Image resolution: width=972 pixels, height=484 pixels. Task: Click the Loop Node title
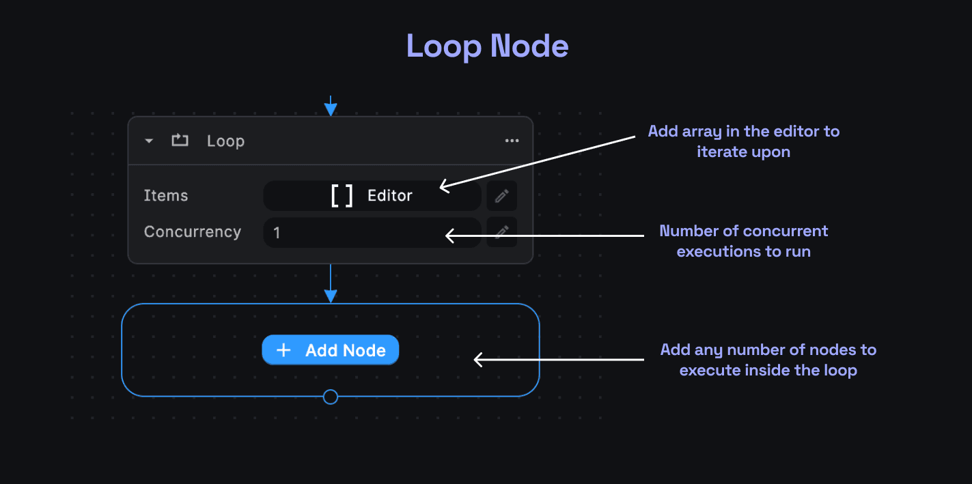point(487,46)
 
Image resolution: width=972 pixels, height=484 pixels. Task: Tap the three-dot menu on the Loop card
point(512,141)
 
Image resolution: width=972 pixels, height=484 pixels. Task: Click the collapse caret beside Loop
point(149,141)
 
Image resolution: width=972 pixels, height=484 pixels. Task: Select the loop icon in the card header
point(180,141)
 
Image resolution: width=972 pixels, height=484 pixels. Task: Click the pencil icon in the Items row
point(501,196)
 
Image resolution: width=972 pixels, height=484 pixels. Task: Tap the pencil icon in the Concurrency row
point(501,232)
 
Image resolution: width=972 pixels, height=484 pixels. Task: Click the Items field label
point(166,196)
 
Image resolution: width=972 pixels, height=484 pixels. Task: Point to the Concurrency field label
point(192,232)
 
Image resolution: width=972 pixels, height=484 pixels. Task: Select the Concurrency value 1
point(277,233)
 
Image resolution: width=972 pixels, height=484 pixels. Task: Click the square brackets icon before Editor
point(342,196)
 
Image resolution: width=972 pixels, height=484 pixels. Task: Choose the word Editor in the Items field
point(389,196)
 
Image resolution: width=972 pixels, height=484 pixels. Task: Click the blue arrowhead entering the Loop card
point(331,109)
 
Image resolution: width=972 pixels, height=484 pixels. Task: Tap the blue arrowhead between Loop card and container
point(331,296)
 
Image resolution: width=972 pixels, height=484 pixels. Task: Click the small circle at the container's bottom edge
point(331,397)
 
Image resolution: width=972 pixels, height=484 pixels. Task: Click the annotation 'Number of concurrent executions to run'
point(743,241)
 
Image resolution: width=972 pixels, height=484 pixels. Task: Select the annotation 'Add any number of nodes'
point(768,360)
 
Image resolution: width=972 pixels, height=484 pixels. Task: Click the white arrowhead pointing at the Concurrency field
point(450,236)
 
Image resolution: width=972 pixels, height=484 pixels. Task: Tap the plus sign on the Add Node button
point(283,350)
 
